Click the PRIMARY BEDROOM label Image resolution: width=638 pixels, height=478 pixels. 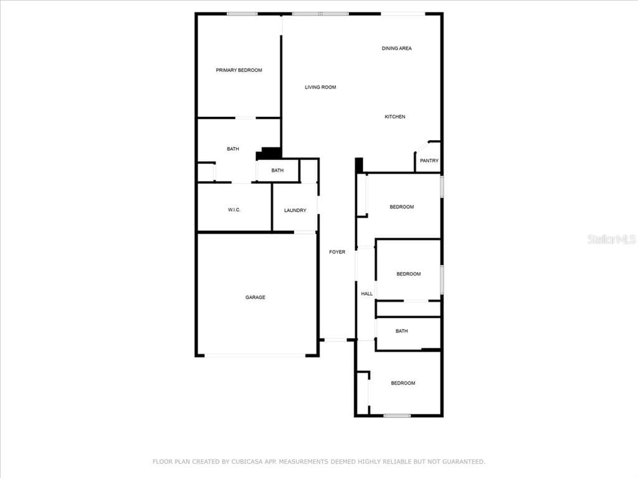click(x=239, y=70)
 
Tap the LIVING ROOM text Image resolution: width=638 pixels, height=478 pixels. click(x=321, y=87)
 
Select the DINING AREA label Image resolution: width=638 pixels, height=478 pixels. click(x=397, y=49)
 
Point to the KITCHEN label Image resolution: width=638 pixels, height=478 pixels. click(x=395, y=116)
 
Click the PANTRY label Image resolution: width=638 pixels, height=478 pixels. click(x=429, y=161)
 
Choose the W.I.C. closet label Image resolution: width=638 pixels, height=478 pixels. click(x=234, y=210)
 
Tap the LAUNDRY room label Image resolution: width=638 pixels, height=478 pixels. click(x=295, y=210)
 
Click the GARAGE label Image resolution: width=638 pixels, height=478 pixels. click(x=255, y=297)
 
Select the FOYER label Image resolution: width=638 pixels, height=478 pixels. click(x=337, y=252)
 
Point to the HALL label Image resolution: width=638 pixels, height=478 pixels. click(x=366, y=294)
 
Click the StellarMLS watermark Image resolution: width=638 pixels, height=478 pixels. click(x=612, y=239)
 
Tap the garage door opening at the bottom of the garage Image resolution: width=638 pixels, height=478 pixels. click(x=255, y=355)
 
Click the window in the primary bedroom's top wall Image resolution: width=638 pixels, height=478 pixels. click(x=242, y=14)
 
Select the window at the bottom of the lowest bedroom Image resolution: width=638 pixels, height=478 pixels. click(x=397, y=415)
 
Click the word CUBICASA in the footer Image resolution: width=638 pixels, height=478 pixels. click(x=247, y=462)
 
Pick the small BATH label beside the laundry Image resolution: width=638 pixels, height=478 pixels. click(x=277, y=171)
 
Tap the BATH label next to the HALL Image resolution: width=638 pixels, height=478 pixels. click(x=402, y=331)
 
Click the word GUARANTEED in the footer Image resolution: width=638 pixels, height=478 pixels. click(x=464, y=462)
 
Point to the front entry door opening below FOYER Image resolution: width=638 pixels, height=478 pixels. click(x=335, y=340)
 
